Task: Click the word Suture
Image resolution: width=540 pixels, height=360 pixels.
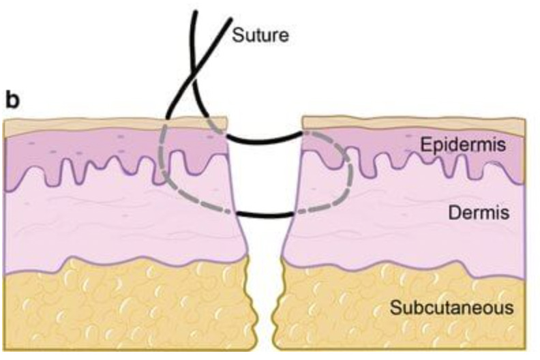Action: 260,35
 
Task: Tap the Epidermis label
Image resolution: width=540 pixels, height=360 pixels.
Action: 463,145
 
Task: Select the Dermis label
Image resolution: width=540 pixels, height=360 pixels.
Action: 479,213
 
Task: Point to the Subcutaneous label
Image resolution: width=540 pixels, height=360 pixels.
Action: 451,307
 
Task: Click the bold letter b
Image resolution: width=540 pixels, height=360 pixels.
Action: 14,100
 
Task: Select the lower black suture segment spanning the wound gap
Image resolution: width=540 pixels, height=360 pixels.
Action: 265,215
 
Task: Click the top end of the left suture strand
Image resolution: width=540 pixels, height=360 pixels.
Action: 196,12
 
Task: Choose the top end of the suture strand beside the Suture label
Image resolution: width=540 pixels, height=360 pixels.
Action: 230,19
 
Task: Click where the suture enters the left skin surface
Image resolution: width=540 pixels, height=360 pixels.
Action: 166,119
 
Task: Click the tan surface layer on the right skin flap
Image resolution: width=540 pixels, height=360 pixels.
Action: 413,123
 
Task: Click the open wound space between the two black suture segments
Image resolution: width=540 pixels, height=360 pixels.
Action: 265,177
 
